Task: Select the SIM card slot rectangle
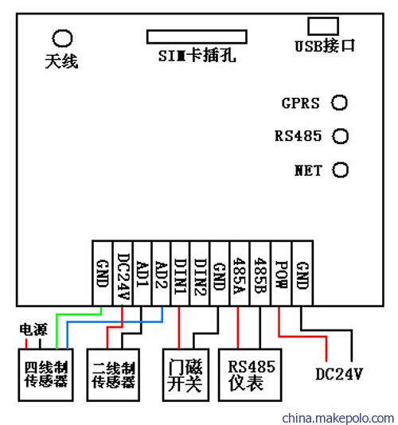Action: [x=197, y=30]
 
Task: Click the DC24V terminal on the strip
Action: [x=123, y=274]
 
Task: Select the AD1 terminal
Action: [x=142, y=274]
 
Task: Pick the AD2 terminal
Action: [x=162, y=274]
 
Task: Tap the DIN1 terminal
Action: [x=181, y=274]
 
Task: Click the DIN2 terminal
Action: [x=201, y=274]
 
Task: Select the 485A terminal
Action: [x=240, y=274]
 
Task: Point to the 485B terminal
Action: [x=260, y=274]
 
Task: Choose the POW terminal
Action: [x=282, y=274]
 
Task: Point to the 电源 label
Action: [x=33, y=329]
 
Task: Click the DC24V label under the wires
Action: [x=339, y=374]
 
